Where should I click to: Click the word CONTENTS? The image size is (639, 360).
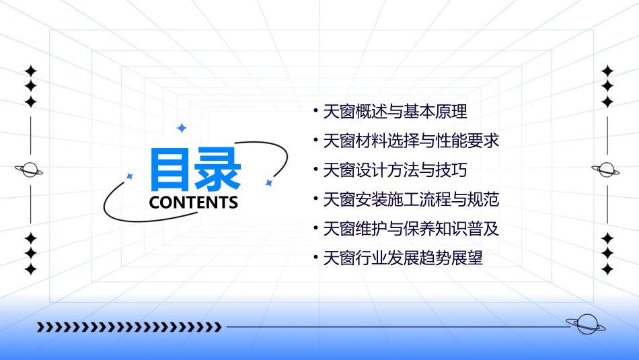pyautogui.click(x=194, y=203)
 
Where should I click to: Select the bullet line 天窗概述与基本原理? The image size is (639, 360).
pyautogui.click(x=395, y=111)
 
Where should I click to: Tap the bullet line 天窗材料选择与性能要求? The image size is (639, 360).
pyautogui.click(x=411, y=141)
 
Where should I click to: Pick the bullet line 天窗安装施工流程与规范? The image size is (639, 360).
pyautogui.click(x=411, y=199)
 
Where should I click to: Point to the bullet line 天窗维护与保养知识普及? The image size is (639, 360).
pyautogui.click(x=411, y=229)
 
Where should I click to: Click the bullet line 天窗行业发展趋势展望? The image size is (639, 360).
pyautogui.click(x=403, y=258)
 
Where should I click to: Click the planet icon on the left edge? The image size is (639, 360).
pyautogui.click(x=30, y=170)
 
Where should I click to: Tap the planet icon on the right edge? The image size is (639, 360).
pyautogui.click(x=606, y=170)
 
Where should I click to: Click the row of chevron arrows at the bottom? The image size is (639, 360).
pyautogui.click(x=129, y=328)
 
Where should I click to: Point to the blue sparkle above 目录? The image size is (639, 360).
pyautogui.click(x=180, y=128)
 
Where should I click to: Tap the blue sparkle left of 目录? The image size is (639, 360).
pyautogui.click(x=130, y=176)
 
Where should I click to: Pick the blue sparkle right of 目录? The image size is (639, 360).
pyautogui.click(x=268, y=182)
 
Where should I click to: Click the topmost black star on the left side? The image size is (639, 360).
pyautogui.click(x=30, y=71)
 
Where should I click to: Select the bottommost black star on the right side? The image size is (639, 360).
pyautogui.click(x=607, y=269)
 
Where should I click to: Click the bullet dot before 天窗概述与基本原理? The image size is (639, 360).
pyautogui.click(x=315, y=110)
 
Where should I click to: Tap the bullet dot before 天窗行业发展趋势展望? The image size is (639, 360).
pyautogui.click(x=315, y=257)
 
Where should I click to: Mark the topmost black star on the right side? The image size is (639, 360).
pyautogui.click(x=607, y=71)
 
